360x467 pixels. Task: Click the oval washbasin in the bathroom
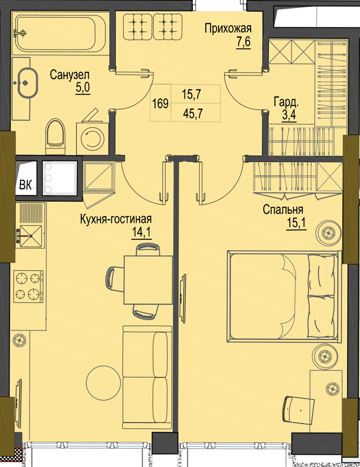click(26, 82)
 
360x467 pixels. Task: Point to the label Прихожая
click(228, 29)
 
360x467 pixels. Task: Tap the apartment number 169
click(160, 104)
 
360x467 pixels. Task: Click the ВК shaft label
click(25, 185)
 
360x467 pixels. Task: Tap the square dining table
click(148, 279)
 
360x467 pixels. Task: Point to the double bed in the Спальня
click(284, 296)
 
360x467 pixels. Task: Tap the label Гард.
click(286, 103)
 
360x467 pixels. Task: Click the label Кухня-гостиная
click(116, 219)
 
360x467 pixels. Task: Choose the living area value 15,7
click(192, 95)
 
